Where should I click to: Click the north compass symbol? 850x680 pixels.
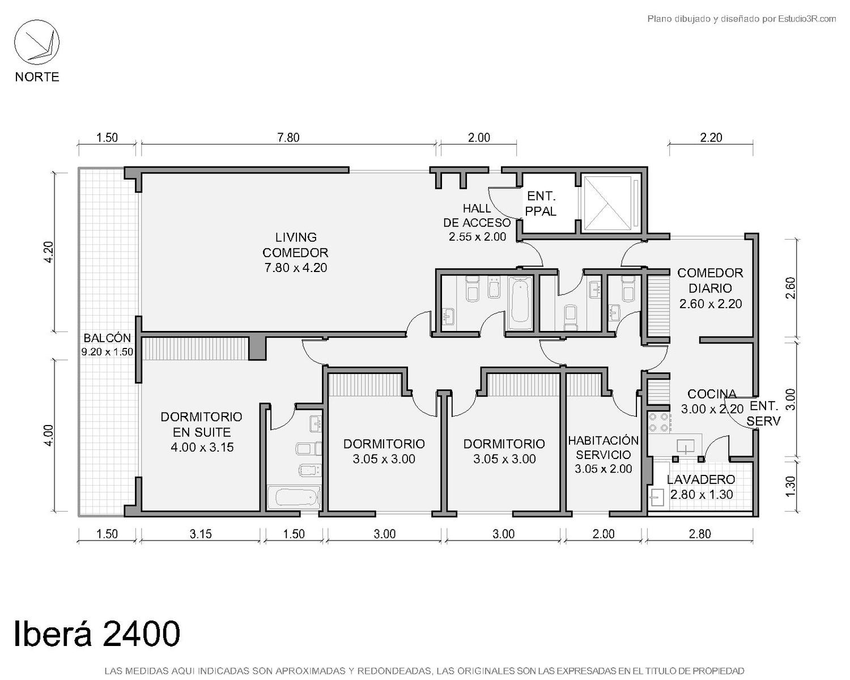pos(37,42)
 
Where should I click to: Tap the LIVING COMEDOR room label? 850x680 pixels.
pos(295,245)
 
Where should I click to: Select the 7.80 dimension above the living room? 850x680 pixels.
pos(288,138)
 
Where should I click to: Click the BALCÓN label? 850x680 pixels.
pos(107,338)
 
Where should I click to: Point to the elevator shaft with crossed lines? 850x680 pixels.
pos(607,203)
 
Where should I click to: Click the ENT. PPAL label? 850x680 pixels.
pos(541,203)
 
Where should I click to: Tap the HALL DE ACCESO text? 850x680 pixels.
pos(477,215)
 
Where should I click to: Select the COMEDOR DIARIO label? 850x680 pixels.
pos(710,280)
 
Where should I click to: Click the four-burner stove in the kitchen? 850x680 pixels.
pos(659,422)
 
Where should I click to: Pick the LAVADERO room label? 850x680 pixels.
pos(701,479)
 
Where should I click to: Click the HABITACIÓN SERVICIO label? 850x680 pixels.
pos(603,448)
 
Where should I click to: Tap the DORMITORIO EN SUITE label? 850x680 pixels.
pos(201,424)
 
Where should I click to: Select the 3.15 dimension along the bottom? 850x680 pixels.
pos(201,534)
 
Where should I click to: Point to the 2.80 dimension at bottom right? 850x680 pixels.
pos(700,534)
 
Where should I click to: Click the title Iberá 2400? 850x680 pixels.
pos(97,634)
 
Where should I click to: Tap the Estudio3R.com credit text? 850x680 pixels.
pos(807,19)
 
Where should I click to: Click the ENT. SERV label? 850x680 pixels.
pos(763,413)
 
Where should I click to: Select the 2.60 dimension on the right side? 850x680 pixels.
pos(790,288)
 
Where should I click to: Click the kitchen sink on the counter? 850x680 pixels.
pos(686,446)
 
